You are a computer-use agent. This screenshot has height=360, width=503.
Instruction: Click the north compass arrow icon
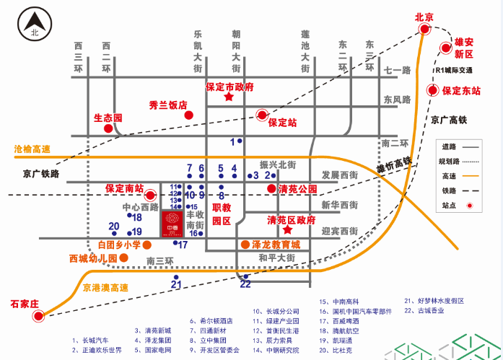(x=33, y=23)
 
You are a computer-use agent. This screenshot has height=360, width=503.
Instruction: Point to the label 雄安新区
(x=463, y=48)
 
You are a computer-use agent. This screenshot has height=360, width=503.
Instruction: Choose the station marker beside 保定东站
(x=433, y=91)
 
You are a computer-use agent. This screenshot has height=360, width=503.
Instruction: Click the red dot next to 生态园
(x=108, y=128)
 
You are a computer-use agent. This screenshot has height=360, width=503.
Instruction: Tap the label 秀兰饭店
(x=168, y=104)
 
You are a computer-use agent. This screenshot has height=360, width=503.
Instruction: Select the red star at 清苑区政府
(x=287, y=230)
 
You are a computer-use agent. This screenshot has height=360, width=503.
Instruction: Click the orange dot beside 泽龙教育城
(x=245, y=245)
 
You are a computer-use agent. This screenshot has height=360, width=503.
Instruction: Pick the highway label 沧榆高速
(x=32, y=149)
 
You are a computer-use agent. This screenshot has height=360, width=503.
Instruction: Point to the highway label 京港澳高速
(x=105, y=288)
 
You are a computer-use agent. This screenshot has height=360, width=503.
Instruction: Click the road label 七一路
(x=396, y=71)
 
